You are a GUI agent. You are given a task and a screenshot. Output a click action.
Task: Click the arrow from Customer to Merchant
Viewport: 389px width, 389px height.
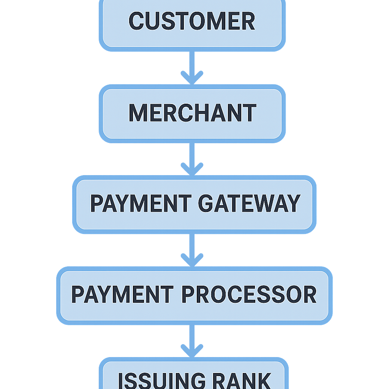point(192,66)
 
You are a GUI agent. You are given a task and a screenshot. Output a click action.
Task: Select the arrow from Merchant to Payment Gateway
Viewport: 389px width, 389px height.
point(192,158)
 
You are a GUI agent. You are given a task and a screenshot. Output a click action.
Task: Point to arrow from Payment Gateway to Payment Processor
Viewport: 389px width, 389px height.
point(192,249)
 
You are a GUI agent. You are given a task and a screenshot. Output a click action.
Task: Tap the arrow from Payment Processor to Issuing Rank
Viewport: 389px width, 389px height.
point(192,340)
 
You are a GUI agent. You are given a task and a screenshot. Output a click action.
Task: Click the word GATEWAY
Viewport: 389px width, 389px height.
point(249,204)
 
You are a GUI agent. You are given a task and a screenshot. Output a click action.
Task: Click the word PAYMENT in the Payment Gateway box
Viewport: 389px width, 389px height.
point(141,204)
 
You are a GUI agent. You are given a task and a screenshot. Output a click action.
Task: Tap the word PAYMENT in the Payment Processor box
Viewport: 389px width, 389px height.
point(122,295)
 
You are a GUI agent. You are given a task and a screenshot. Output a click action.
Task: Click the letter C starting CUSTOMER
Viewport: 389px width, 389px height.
point(136,21)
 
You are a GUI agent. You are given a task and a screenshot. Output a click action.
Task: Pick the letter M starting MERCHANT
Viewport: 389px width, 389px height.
point(138,113)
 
